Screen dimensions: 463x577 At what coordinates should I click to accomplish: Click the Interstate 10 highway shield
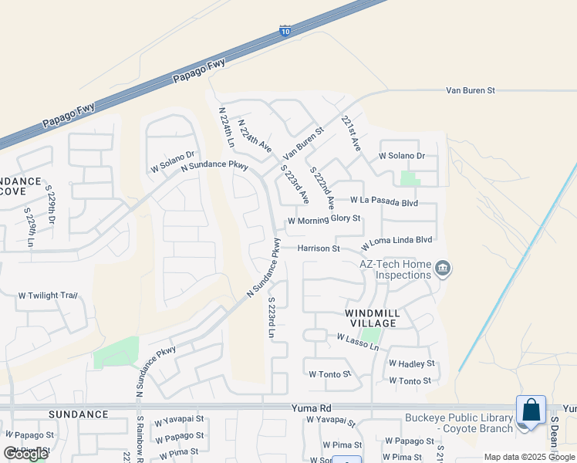[x=285, y=32]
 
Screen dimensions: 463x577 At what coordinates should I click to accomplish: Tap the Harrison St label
[x=319, y=249]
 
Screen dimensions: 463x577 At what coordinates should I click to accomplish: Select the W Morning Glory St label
[x=324, y=220]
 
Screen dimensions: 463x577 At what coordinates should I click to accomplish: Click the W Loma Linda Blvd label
[x=396, y=240]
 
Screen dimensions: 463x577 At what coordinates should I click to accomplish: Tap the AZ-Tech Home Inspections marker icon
[x=443, y=269]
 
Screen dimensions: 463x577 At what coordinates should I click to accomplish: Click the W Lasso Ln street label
[x=358, y=342]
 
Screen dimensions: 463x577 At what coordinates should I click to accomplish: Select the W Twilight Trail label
[x=49, y=296]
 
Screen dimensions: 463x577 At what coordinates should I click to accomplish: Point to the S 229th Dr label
[x=50, y=204]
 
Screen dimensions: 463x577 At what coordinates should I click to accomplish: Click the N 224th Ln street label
[x=226, y=127]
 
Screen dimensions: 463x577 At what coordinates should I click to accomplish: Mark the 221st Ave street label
[x=351, y=133]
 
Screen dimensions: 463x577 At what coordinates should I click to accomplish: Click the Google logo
[x=25, y=454]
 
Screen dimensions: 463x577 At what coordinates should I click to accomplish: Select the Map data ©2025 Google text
[x=528, y=457]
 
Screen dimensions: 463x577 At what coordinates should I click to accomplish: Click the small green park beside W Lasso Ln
[x=371, y=336]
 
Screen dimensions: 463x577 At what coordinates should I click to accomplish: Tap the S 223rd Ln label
[x=272, y=319]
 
